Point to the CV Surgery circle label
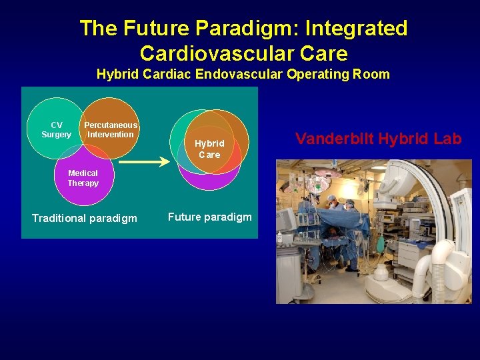56,130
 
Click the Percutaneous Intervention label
111,130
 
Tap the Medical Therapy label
83,178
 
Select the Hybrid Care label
209,149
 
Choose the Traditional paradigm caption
85,218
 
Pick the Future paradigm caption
209,217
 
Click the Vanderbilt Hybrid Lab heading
378,139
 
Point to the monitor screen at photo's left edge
287,220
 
